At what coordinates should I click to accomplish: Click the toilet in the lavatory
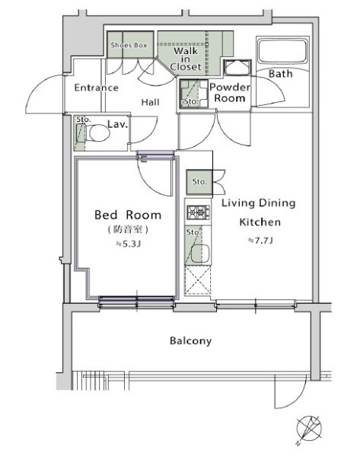click(97, 133)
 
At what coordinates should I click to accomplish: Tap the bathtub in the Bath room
click(282, 50)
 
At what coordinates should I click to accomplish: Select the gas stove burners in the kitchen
click(199, 212)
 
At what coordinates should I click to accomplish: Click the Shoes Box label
click(129, 45)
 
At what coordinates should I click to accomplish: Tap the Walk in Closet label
click(186, 59)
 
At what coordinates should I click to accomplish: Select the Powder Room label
click(230, 92)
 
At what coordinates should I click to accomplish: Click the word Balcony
click(190, 341)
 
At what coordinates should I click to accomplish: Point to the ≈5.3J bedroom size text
click(129, 244)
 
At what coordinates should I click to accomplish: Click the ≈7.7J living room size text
click(260, 241)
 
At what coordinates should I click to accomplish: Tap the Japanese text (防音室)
click(128, 229)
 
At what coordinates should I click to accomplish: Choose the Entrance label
click(96, 88)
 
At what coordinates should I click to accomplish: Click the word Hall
click(151, 102)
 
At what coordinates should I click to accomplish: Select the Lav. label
click(117, 124)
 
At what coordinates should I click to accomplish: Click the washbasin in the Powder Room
click(237, 68)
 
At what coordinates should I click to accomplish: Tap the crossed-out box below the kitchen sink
click(198, 280)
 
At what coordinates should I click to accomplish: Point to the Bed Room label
click(128, 215)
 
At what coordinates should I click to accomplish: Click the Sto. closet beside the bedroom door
click(199, 182)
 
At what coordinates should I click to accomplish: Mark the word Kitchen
click(260, 222)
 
